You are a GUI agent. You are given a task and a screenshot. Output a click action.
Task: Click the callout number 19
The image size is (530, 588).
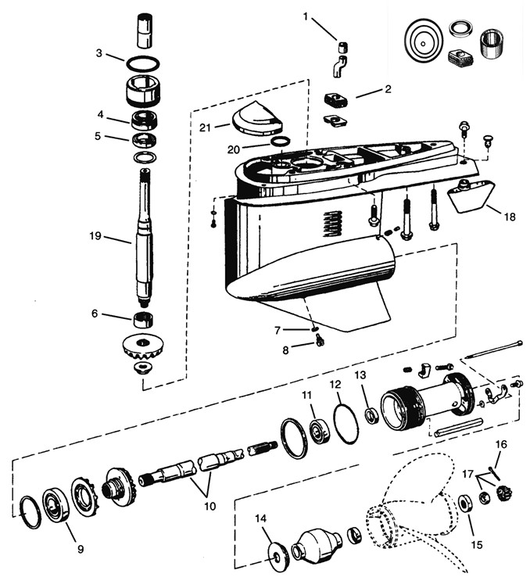[x=95, y=236]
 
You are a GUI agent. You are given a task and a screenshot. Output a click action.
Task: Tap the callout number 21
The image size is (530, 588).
[x=205, y=128]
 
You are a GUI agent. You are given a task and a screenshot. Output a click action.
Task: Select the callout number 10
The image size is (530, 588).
[x=210, y=506]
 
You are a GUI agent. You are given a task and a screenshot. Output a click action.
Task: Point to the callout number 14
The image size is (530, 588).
[x=261, y=518]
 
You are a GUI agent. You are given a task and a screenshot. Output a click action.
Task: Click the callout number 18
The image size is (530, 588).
[x=510, y=217]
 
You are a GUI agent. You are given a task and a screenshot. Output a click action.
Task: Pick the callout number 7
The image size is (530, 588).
[x=278, y=330]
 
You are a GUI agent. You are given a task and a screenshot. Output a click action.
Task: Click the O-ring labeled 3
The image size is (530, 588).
[x=142, y=63]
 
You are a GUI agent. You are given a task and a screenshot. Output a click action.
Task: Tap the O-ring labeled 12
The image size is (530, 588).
[x=346, y=424]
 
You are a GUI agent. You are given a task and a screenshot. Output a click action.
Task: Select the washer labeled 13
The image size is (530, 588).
[x=372, y=416]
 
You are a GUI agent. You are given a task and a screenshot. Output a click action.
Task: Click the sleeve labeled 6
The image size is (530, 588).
[x=145, y=319]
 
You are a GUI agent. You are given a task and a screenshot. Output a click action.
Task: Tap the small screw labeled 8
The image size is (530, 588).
[x=320, y=340]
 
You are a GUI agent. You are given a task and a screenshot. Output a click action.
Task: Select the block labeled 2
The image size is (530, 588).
[x=335, y=100]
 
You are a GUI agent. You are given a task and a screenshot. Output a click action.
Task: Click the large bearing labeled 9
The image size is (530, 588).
[x=57, y=505]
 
